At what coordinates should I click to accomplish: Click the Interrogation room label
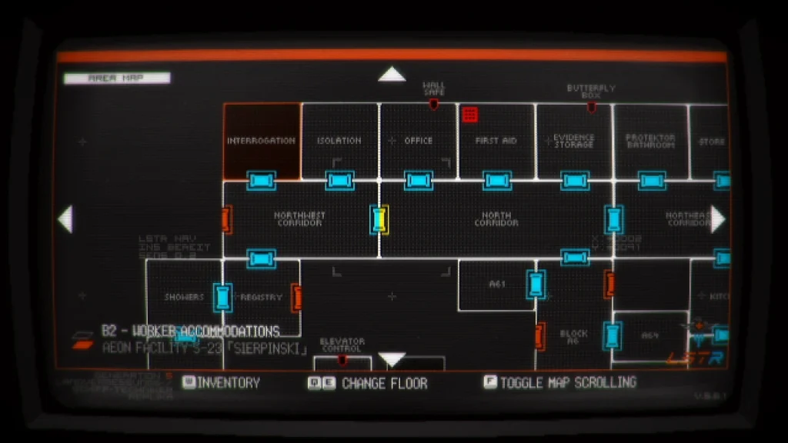(261, 141)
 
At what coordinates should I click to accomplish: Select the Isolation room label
(339, 141)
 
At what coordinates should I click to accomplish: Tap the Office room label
(419, 141)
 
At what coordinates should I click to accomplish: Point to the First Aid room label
(496, 141)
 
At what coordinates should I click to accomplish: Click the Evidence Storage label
(574, 141)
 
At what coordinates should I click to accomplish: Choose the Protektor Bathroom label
(650, 141)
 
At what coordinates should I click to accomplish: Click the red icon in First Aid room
(469, 115)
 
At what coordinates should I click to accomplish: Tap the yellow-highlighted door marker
(379, 219)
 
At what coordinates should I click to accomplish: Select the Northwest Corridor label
(299, 219)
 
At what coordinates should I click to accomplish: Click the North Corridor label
(496, 219)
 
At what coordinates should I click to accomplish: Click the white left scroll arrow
(65, 219)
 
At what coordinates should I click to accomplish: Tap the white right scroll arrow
(717, 219)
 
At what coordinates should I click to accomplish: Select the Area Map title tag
(117, 78)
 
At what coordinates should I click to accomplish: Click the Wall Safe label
(434, 88)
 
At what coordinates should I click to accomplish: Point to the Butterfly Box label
(591, 92)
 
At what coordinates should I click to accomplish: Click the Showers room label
(184, 297)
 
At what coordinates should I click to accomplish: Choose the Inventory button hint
(229, 382)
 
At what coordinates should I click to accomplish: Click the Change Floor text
(384, 383)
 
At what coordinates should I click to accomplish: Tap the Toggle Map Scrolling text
(568, 382)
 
